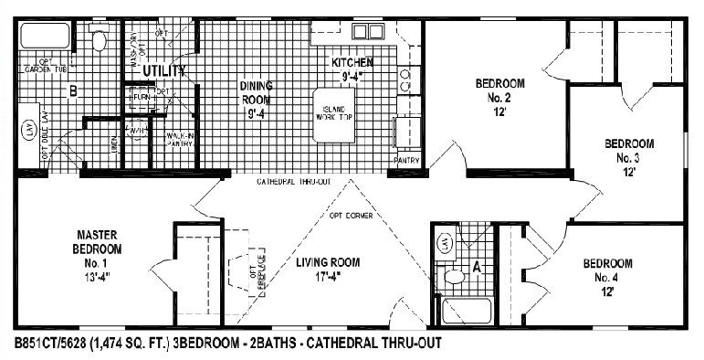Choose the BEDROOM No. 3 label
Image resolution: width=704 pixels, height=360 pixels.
point(628,156)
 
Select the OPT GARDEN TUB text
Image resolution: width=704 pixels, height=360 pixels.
point(41,67)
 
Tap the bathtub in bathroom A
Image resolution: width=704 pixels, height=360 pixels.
point(462,311)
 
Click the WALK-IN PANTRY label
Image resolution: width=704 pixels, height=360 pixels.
point(179,139)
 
